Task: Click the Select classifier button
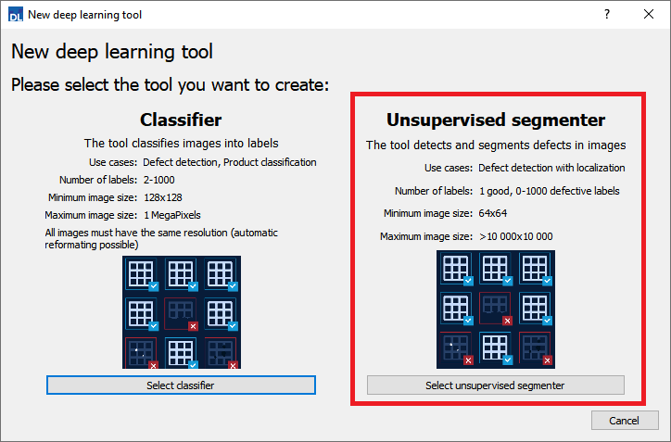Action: [181, 385]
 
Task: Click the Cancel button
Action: [624, 421]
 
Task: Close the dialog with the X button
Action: [649, 15]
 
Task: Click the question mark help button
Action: [606, 15]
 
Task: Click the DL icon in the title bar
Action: [14, 15]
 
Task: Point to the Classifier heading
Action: [181, 120]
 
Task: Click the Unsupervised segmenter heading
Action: [495, 120]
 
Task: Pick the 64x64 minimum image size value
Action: [494, 213]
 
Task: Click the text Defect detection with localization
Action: [551, 168]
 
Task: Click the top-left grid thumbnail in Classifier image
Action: [142, 274]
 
